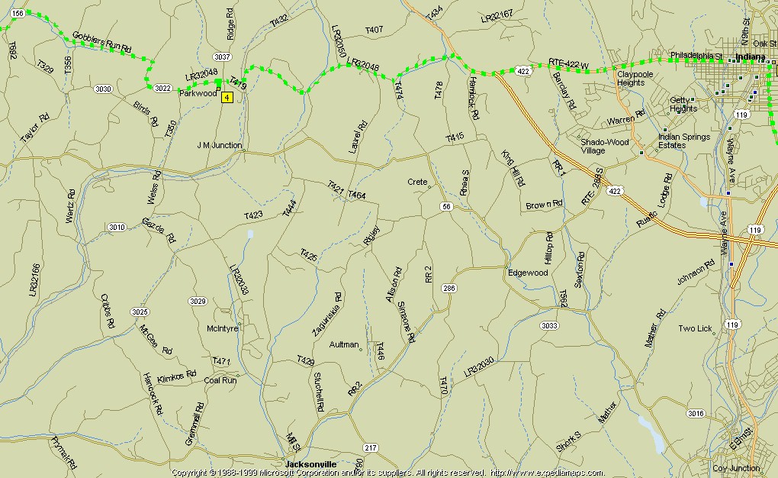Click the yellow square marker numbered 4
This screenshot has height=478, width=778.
(227, 97)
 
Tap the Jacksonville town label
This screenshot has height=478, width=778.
(310, 464)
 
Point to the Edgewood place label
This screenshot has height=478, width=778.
(528, 273)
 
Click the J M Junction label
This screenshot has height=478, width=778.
(219, 145)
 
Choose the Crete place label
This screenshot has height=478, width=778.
(417, 182)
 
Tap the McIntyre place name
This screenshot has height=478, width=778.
(223, 328)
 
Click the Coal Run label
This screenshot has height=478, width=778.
(220, 379)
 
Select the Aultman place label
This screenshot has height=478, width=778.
(343, 345)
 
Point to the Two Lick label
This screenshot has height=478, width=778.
(695, 329)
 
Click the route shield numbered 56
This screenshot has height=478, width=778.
(447, 207)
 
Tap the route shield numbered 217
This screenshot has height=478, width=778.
(371, 447)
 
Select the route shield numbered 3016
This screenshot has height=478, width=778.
(695, 414)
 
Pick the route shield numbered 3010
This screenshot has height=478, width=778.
(116, 227)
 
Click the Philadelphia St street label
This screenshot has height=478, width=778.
(696, 55)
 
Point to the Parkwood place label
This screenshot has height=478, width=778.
(198, 93)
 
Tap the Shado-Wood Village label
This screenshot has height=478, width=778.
(604, 146)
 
